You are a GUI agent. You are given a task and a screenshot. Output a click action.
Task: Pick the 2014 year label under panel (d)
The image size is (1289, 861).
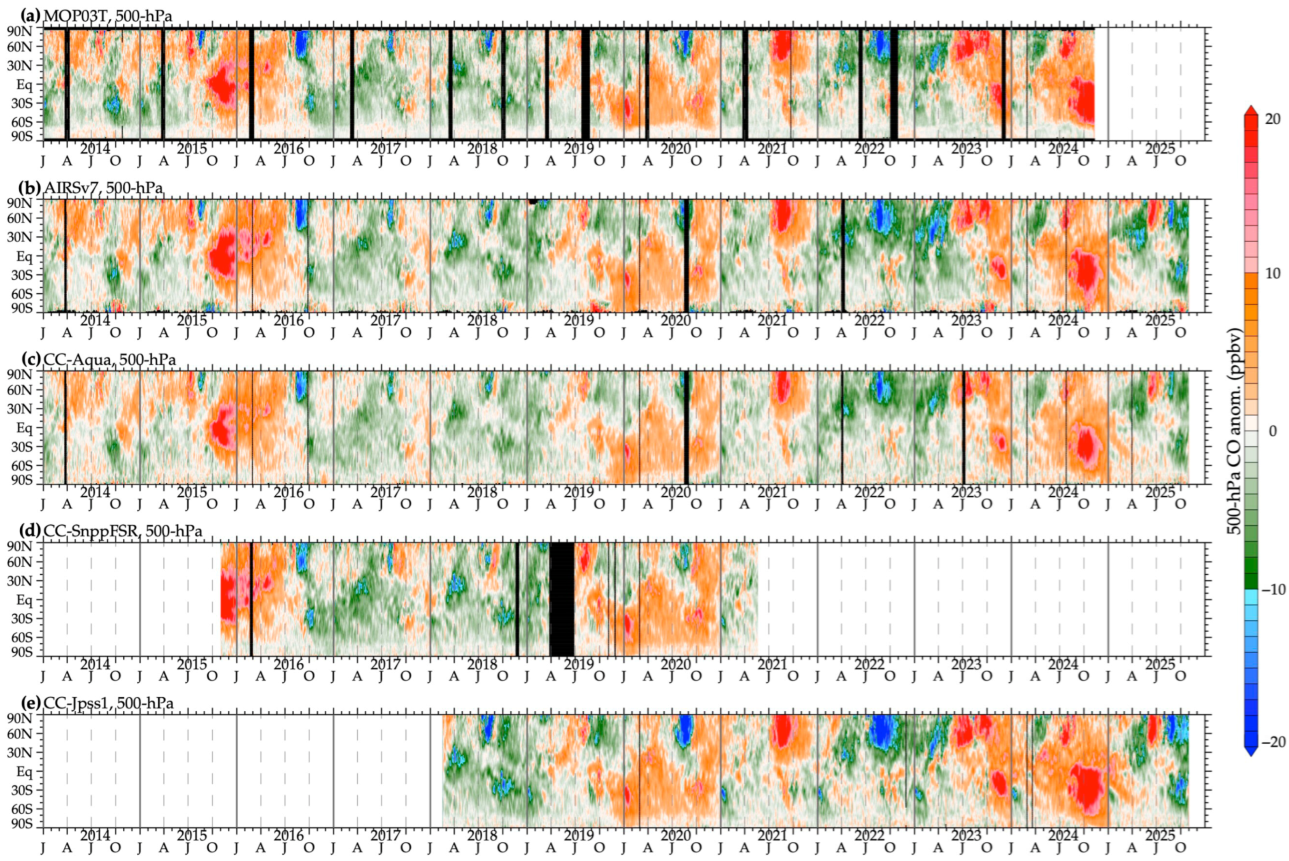click(95, 664)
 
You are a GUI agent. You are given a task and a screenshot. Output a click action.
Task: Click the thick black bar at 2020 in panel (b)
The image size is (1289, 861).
click(686, 256)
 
